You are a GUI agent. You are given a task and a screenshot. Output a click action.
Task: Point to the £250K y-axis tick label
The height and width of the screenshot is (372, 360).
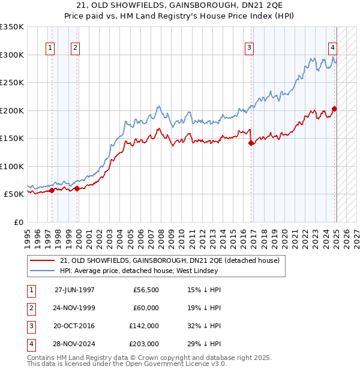coord(12,83)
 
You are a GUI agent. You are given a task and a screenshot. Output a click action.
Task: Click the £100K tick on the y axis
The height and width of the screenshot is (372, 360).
coord(12,166)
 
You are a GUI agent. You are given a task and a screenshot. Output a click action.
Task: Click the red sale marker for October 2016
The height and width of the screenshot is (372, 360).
coord(250,143)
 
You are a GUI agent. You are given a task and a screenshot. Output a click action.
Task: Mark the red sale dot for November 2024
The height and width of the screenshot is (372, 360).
coord(334,109)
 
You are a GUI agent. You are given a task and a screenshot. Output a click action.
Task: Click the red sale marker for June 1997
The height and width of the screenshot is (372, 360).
coord(52,191)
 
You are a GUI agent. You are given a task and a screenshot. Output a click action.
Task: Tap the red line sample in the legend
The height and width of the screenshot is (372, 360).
coord(43,260)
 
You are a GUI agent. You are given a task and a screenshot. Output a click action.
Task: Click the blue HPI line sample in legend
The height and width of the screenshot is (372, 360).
coord(43,271)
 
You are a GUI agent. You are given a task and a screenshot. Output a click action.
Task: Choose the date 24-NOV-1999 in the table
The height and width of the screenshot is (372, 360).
coord(74,308)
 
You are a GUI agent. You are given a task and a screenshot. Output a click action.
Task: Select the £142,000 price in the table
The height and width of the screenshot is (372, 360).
coord(144,326)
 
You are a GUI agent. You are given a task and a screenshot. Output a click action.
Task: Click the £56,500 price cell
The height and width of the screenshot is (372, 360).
coord(146,290)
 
